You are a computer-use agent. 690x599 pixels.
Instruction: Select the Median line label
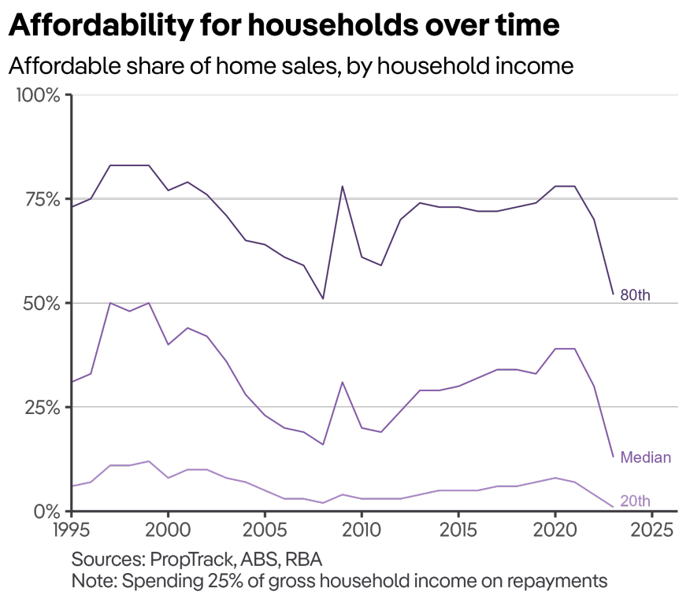click(646, 457)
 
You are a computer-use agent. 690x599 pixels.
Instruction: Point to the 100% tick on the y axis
click(38, 95)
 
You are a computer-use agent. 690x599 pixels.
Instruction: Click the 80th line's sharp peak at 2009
click(342, 187)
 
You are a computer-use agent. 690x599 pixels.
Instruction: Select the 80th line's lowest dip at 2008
click(323, 298)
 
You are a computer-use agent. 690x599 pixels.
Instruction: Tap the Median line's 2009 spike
click(342, 382)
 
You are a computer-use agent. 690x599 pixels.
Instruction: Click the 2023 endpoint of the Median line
click(613, 457)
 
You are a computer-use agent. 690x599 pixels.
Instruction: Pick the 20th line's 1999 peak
click(148, 461)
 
